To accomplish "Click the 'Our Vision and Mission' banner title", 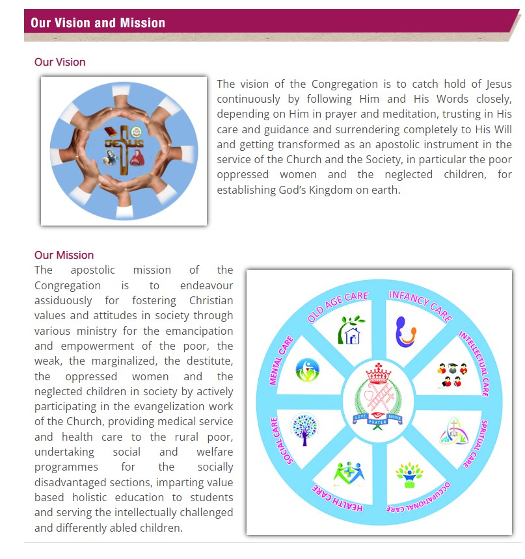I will [98, 23].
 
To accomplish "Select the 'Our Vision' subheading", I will [60, 62].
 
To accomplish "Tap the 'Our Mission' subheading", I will [64, 255].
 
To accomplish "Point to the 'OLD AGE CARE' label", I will [338, 307].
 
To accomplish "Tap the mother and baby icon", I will [406, 331].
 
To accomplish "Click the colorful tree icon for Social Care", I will [304, 429].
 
